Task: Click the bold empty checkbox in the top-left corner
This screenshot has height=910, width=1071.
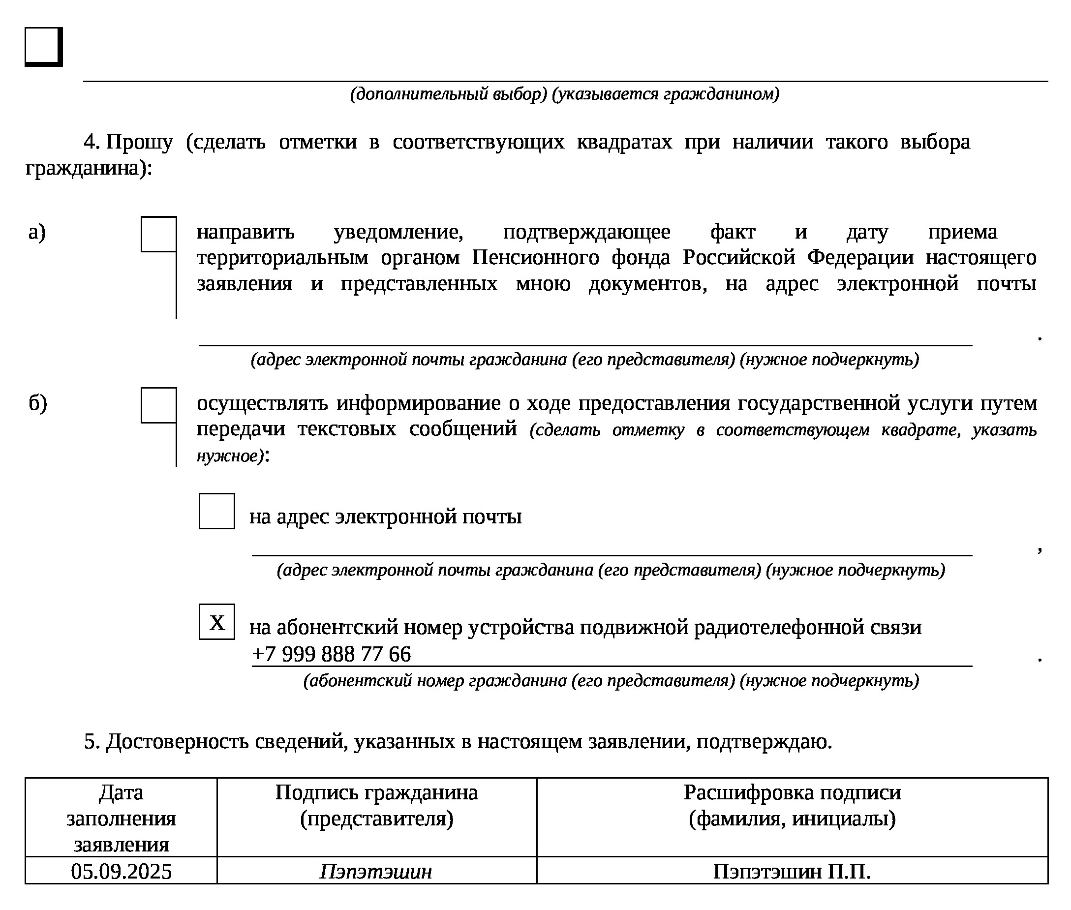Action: pos(43,46)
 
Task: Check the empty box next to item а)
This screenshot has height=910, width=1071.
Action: pos(159,234)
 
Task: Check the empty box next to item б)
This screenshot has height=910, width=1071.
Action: pos(159,405)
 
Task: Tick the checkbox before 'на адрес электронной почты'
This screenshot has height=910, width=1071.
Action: pos(216,511)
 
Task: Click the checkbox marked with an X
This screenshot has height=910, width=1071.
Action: pos(216,622)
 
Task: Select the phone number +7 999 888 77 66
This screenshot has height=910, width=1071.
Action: pos(331,655)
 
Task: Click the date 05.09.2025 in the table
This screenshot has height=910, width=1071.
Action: pos(121,871)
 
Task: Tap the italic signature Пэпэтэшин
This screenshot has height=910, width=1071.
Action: pos(376,871)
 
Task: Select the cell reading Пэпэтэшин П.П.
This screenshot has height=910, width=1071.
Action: pos(792,871)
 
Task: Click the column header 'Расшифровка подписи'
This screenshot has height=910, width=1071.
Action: pos(792,793)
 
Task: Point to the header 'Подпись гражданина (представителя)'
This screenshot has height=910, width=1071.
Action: pos(376,805)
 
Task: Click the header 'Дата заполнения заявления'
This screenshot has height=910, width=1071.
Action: pos(121,818)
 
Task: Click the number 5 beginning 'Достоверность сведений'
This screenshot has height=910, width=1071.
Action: pos(90,742)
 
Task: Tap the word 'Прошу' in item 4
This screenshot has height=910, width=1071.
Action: pos(139,142)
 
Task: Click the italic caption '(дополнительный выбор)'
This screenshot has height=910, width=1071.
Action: pos(448,94)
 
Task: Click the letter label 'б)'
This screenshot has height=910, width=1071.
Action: pos(38,403)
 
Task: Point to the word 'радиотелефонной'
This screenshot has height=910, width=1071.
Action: pos(779,627)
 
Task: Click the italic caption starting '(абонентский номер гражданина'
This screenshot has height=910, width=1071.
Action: pos(611,681)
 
